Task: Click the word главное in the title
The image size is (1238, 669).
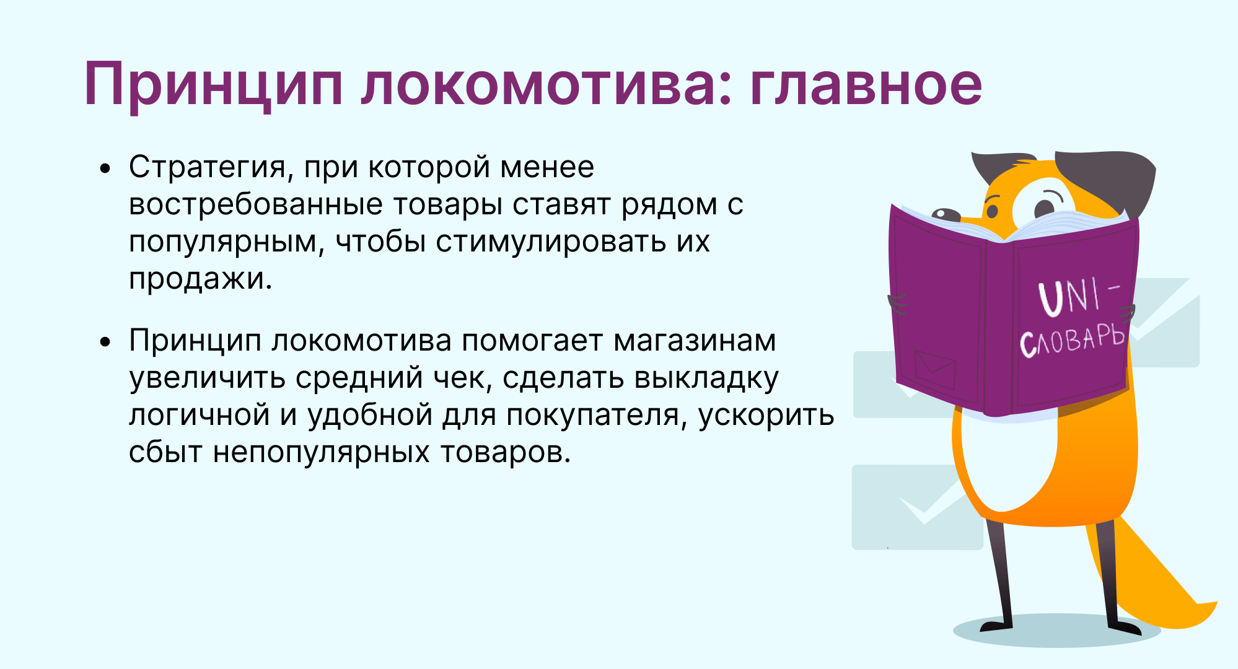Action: [x=866, y=84]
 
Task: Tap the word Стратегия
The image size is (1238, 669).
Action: [x=208, y=167]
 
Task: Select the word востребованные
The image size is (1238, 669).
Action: [x=256, y=205]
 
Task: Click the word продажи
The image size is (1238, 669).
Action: [x=200, y=279]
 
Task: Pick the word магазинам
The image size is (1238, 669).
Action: [x=695, y=341]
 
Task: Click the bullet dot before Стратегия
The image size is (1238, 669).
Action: [x=106, y=168]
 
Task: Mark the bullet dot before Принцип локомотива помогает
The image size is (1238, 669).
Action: [x=106, y=342]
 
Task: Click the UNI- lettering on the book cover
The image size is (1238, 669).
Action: [x=1079, y=296]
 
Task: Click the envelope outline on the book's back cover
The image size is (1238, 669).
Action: [x=935, y=370]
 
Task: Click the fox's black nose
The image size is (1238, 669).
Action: [x=945, y=214]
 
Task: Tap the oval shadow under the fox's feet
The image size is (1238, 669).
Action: [x=1056, y=631]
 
